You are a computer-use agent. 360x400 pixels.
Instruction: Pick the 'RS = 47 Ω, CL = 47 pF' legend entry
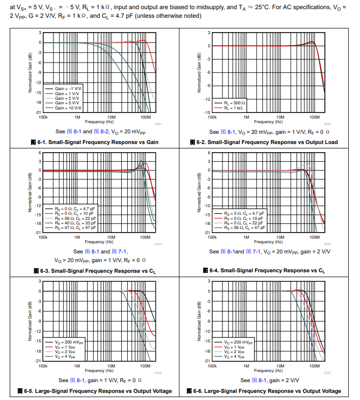point(74,228)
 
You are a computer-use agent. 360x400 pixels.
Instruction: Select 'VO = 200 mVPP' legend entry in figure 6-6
point(239,342)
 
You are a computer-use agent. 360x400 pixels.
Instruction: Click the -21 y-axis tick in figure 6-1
point(39,112)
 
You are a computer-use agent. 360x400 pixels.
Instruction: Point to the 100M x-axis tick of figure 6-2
point(314,117)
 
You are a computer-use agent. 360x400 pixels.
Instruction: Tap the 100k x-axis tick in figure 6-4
point(212,237)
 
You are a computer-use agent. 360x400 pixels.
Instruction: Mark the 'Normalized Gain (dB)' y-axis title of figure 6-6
point(199,321)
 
